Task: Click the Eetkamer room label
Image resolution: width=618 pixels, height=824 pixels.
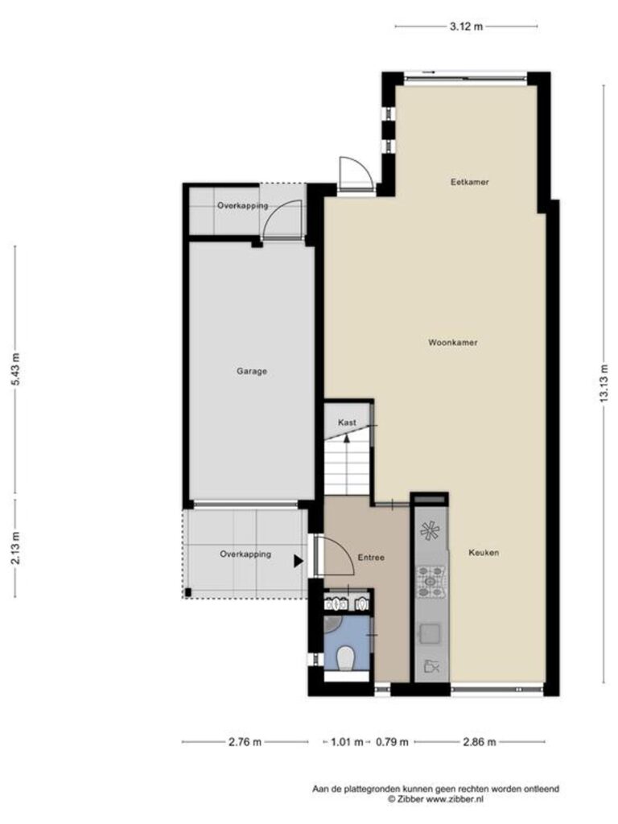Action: pos(469,183)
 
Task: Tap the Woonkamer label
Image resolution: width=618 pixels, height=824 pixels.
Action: pos(452,343)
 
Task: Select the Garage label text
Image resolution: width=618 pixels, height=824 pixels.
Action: pos(252,371)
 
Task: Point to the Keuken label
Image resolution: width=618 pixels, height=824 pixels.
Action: pos(484,552)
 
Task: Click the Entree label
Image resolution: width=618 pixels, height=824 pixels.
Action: pos(371,558)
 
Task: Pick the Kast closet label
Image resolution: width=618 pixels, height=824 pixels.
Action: pos(347,422)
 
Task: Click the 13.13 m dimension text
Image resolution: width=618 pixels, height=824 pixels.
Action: pos(604,383)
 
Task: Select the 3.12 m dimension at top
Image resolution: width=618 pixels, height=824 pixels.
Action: pos(466,27)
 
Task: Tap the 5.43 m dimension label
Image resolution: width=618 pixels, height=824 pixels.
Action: pos(16,369)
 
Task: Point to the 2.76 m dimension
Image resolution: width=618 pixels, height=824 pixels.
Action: pos(245,742)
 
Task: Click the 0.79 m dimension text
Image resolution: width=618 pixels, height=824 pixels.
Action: pos(392,742)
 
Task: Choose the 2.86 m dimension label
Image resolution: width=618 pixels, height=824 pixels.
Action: pos(480,742)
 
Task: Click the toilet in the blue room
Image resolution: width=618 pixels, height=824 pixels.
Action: pos(344,658)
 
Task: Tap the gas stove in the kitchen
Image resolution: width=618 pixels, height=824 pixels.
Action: pos(431,581)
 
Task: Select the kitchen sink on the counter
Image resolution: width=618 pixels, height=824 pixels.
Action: pos(430,634)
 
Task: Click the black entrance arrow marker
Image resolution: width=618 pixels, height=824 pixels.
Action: pos(299,561)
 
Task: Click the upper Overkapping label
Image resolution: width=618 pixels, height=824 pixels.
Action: pos(243,206)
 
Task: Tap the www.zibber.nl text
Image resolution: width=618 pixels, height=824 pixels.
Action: pos(455,799)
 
